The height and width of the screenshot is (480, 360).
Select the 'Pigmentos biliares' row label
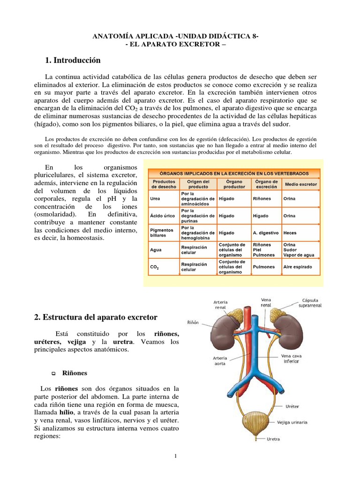162,233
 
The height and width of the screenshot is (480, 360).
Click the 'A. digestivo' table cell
266,232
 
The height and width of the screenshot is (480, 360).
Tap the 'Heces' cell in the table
290,232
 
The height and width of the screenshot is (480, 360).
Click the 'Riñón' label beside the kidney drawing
192,323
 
